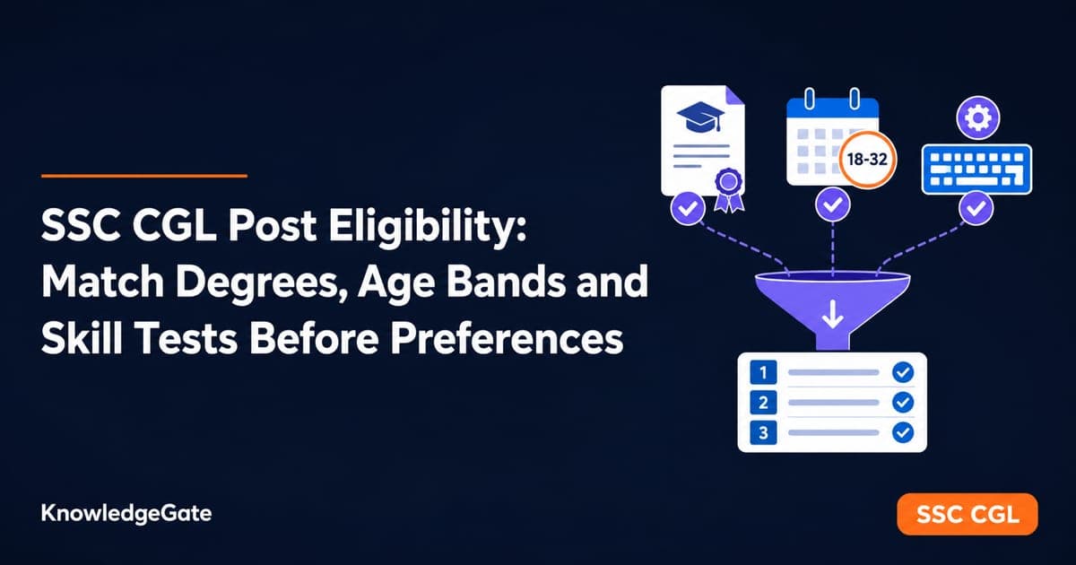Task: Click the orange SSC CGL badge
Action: (967, 514)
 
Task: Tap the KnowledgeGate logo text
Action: (126, 514)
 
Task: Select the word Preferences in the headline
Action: (507, 338)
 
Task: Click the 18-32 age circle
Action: (867, 159)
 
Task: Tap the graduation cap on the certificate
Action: (700, 117)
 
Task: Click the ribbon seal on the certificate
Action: (729, 190)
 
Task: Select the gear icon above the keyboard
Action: (978, 117)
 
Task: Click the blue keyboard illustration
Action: (976, 169)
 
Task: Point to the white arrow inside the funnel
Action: (832, 314)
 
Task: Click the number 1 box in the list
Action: (763, 372)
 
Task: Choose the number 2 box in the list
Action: (763, 402)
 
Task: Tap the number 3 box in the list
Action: (763, 432)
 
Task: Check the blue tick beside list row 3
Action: (903, 432)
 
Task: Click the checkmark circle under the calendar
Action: (832, 204)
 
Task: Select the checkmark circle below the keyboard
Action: (976, 207)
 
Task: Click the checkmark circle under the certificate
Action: (688, 208)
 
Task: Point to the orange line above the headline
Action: (144, 176)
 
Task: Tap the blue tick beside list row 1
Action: (903, 372)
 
